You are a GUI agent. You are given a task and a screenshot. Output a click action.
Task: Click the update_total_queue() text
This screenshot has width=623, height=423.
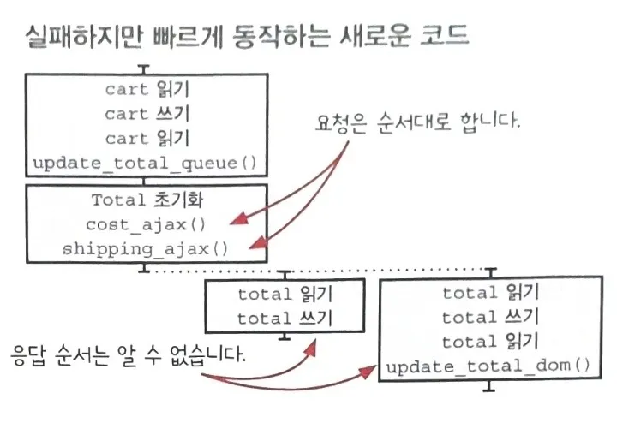tap(143, 163)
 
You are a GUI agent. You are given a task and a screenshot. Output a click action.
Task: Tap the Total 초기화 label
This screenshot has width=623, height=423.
tap(143, 201)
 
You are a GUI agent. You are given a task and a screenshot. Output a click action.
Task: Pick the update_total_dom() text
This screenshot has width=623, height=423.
tap(488, 368)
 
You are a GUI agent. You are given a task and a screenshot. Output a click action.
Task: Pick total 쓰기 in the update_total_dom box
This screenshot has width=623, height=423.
tap(488, 319)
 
